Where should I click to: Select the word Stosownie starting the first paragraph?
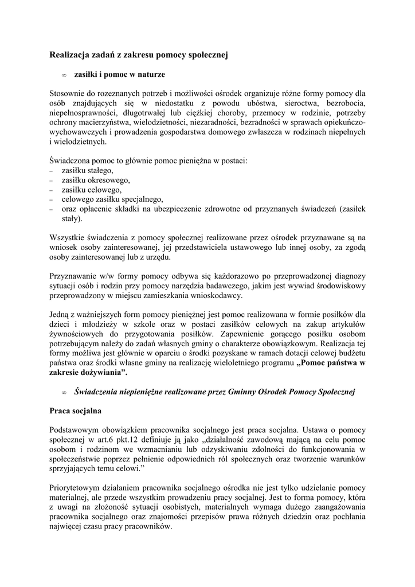click(x=68, y=93)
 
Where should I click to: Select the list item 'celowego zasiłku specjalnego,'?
click(x=112, y=199)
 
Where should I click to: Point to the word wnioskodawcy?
click(x=218, y=296)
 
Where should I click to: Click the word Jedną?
click(x=61, y=315)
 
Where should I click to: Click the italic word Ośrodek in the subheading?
click(x=271, y=392)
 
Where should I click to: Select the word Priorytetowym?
click(x=78, y=488)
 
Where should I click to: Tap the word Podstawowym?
click(x=76, y=431)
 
